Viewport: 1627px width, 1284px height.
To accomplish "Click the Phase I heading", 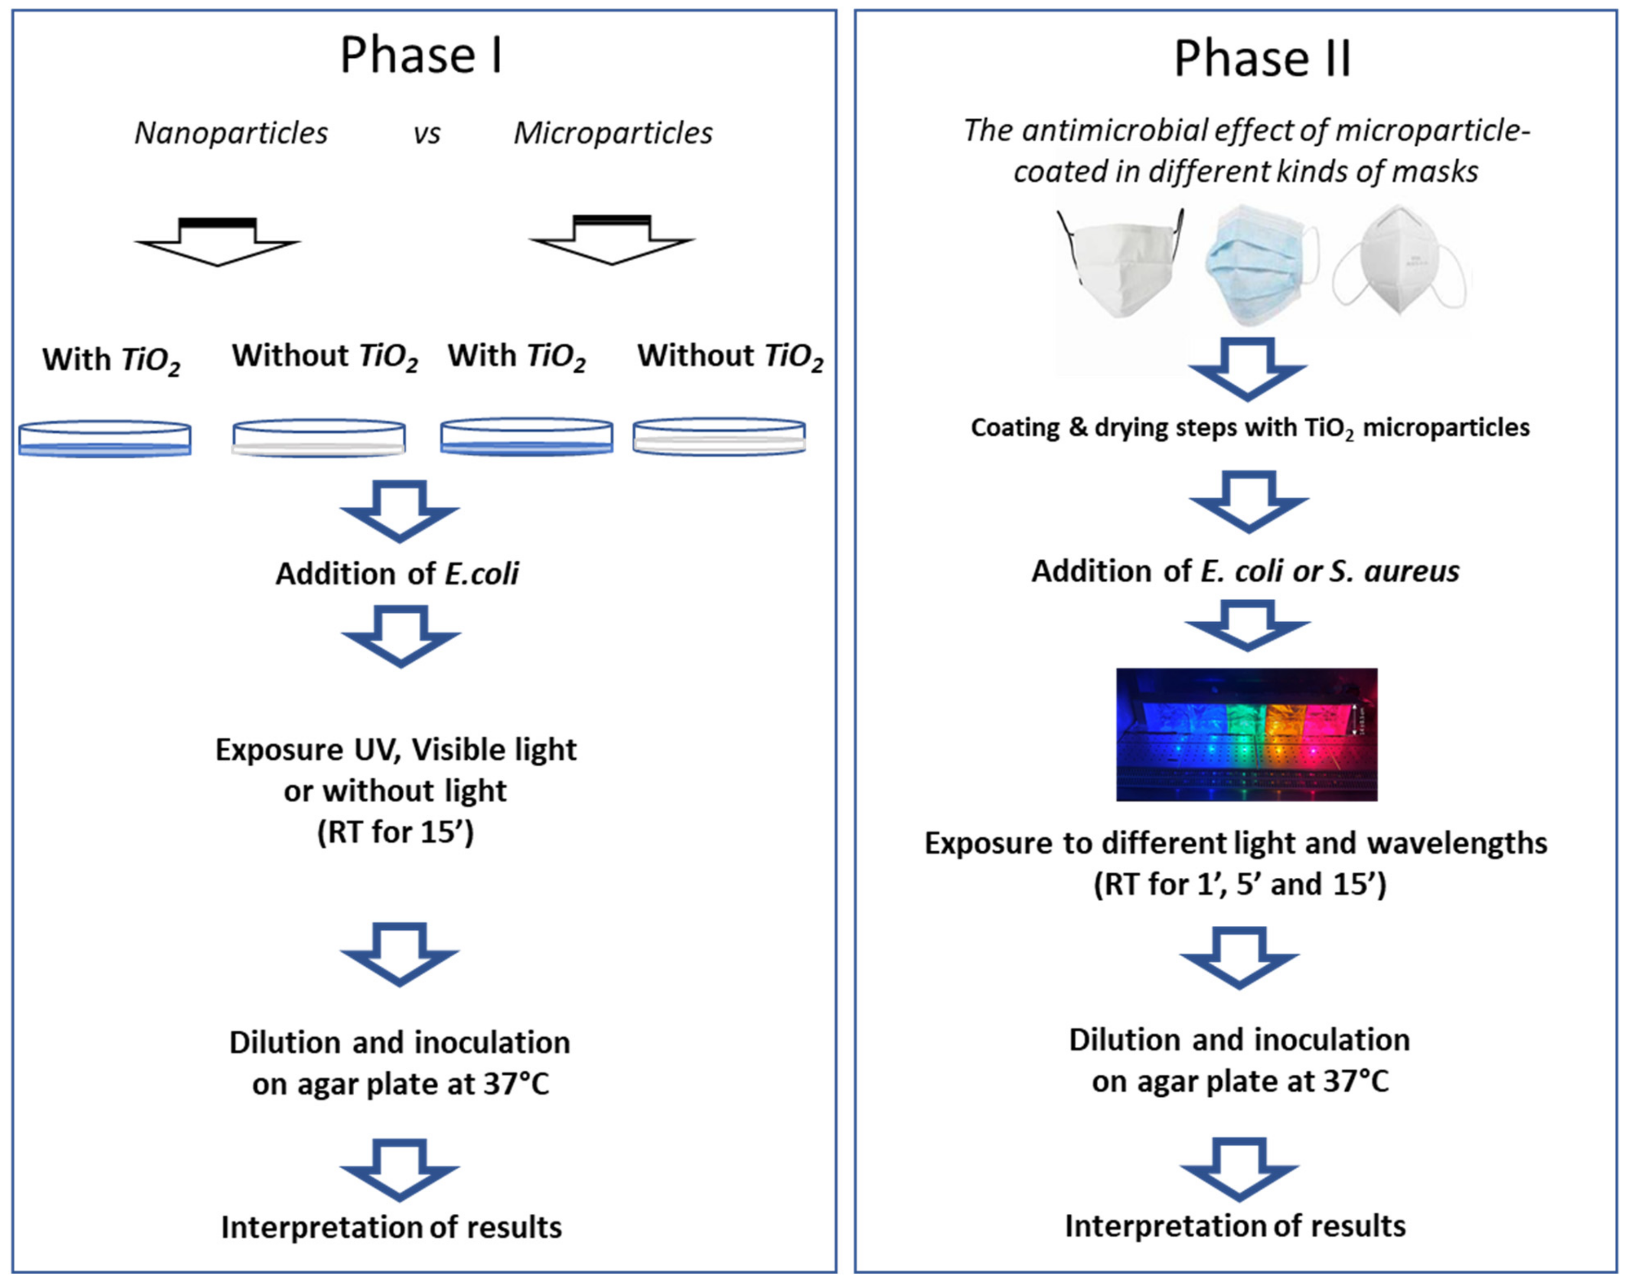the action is pos(421,56).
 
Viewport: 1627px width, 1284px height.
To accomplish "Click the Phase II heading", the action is pos(1262,59).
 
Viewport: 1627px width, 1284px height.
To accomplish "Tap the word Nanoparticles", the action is pos(231,133).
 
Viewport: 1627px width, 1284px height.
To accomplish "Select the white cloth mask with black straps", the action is pos(1120,263).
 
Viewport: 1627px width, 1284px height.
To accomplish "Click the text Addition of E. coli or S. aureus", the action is pos(1245,572).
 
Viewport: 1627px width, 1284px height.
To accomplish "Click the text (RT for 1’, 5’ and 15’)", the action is pos(1240,884).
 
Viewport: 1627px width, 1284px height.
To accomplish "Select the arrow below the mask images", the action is pos(1248,368).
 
